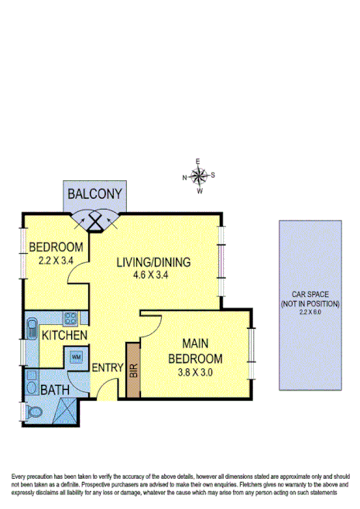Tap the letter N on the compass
pos(184,177)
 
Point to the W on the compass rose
pos(200,190)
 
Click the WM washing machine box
pos(75,357)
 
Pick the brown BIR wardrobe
pos(132,370)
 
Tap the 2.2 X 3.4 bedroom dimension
pos(56,260)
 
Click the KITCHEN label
pos(63,335)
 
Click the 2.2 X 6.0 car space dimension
pos(310,313)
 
